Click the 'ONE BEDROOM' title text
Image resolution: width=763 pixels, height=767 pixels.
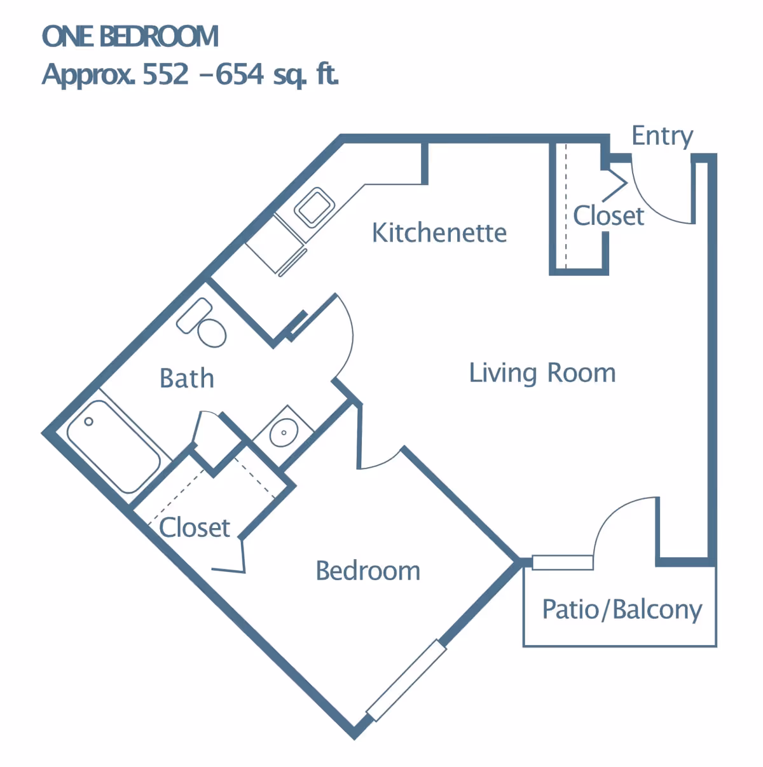[130, 36]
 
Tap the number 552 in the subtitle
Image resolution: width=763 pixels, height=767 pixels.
[165, 74]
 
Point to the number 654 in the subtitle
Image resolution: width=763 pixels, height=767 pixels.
[240, 74]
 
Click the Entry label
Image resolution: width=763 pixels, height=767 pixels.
[662, 137]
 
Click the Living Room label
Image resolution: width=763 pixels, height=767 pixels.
[542, 373]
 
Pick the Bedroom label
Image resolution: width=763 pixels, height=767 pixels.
[368, 571]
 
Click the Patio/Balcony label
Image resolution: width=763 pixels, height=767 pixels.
[622, 610]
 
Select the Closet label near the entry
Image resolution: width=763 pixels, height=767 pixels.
[608, 216]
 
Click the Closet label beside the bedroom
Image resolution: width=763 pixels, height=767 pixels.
[195, 528]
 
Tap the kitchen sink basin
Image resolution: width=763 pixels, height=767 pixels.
[314, 207]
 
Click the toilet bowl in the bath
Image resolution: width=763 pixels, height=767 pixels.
[212, 333]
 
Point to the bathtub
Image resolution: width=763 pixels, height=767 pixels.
[114, 446]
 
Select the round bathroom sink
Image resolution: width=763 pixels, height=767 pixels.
[284, 432]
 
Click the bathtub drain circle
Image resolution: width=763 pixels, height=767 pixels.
[89, 421]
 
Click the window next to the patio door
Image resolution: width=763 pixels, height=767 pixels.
[562, 562]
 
